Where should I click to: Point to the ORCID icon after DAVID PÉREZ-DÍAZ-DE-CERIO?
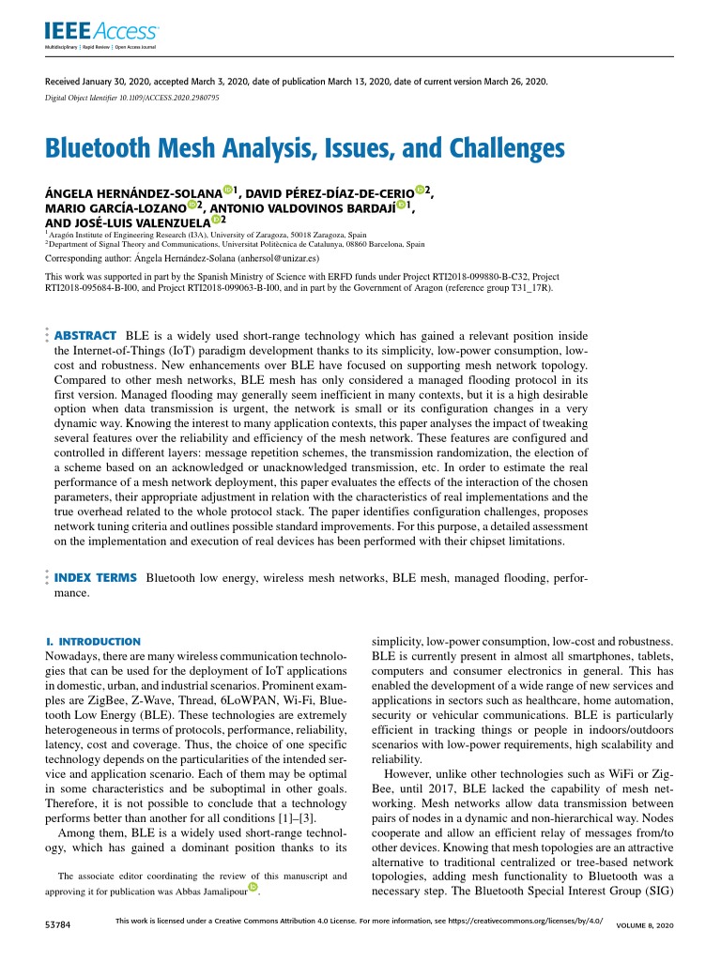pos(420,191)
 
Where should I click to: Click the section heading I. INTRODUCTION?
pos(93,641)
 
